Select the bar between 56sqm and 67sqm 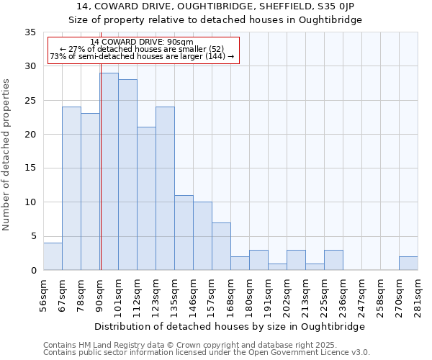point(53,256)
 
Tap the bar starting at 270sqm point(408,263)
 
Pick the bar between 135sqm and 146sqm point(184,233)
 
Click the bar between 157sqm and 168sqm point(221,246)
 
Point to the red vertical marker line point(101,158)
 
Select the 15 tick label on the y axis point(30,168)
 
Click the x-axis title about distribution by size point(230,326)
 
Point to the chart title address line point(215,6)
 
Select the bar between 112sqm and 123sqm point(146,199)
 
